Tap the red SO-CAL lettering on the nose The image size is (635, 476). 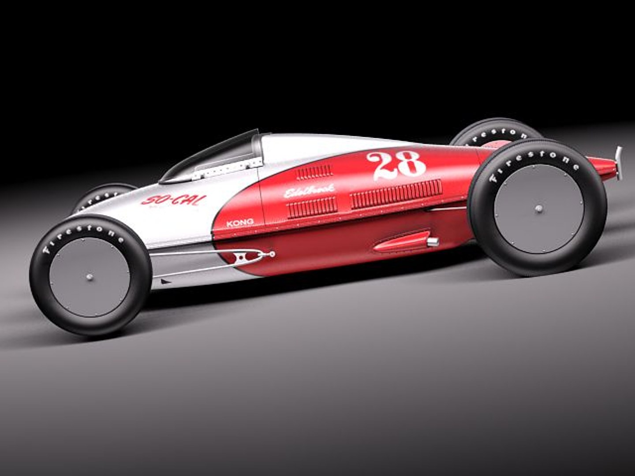click(x=173, y=200)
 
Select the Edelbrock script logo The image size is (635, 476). click(x=309, y=191)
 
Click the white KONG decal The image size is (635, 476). click(x=240, y=223)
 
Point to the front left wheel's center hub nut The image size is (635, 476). click(x=90, y=277)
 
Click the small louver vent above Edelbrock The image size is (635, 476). click(x=314, y=172)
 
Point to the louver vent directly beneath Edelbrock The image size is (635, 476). click(x=311, y=207)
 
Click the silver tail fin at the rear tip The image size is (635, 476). click(x=619, y=162)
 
